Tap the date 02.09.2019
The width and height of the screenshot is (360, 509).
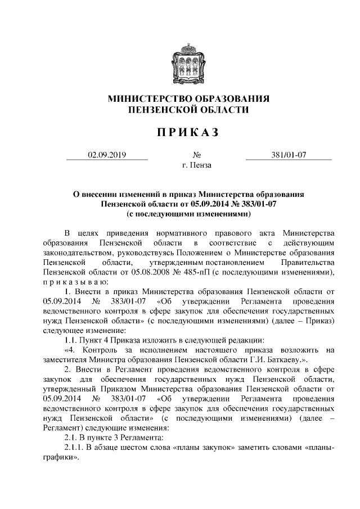coord(106,155)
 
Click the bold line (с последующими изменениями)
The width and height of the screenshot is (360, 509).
coord(188,214)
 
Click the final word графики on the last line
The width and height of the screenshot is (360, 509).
coord(58,457)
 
